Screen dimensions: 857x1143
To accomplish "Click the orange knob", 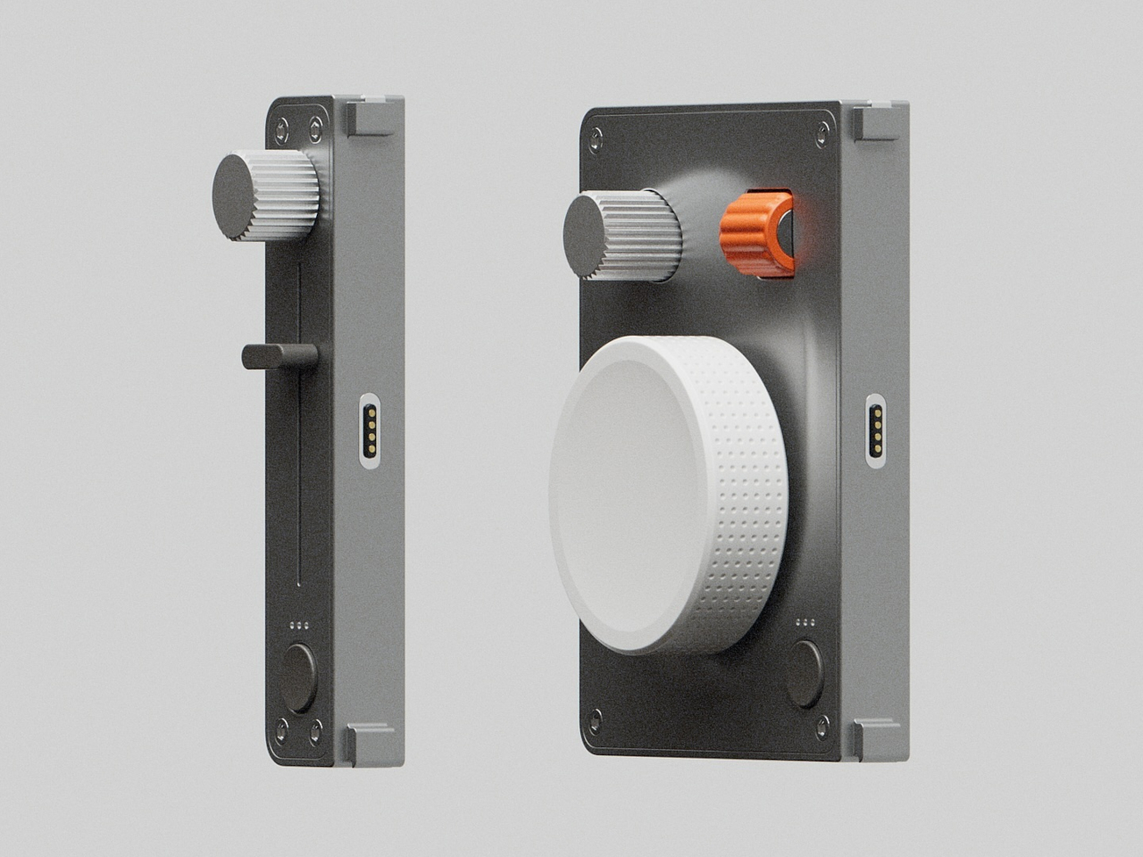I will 755,233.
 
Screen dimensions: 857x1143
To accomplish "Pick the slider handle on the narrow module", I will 279,355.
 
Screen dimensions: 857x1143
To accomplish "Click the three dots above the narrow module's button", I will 300,624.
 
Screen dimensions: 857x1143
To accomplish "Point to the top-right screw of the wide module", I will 820,131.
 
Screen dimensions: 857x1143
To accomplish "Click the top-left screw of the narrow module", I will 282,125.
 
